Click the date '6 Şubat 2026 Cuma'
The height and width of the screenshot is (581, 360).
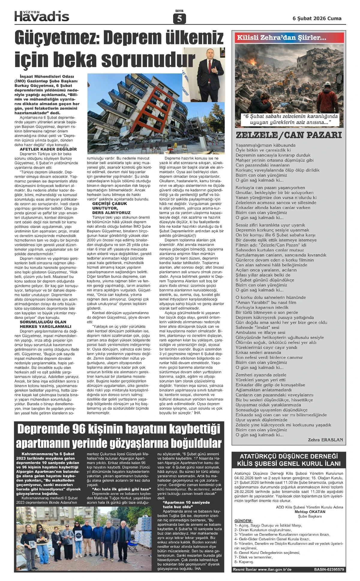(x=317, y=18)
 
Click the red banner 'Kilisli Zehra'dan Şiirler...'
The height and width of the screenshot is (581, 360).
(x=281, y=38)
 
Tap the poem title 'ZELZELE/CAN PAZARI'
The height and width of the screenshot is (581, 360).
(x=289, y=135)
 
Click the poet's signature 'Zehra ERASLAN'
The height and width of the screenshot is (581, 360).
(x=325, y=440)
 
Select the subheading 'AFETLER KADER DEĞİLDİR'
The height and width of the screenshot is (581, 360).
(x=48, y=149)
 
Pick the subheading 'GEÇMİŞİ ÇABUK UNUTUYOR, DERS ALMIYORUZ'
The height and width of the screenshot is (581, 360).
(x=109, y=208)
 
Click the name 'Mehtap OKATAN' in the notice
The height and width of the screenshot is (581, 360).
(x=310, y=512)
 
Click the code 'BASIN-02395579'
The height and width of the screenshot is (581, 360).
(x=329, y=569)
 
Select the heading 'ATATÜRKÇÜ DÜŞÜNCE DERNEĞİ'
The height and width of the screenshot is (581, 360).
(x=289, y=456)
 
